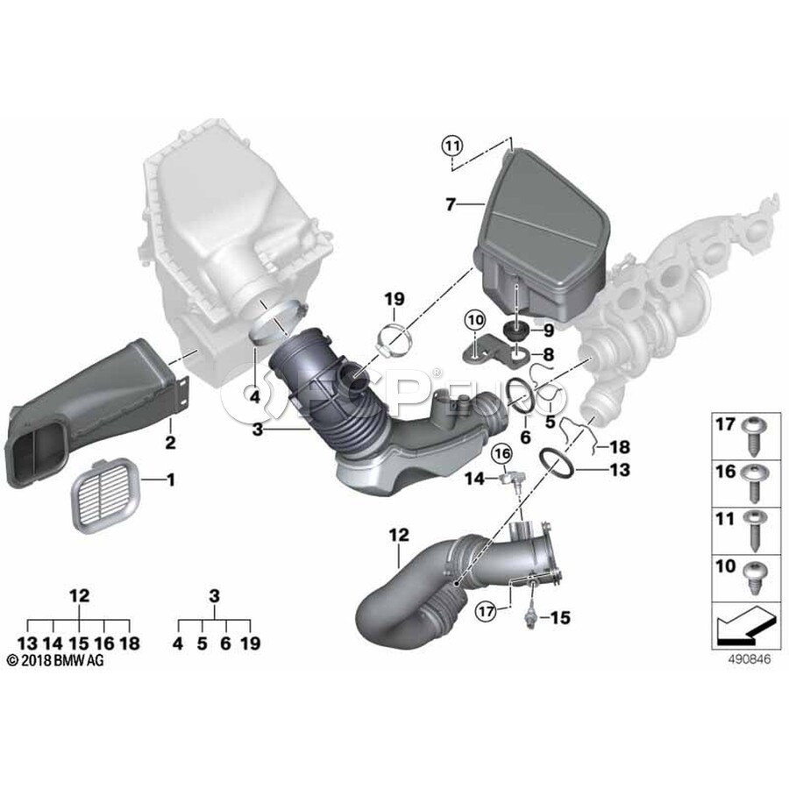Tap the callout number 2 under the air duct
(x=171, y=443)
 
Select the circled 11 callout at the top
(x=451, y=146)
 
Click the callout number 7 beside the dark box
(x=451, y=204)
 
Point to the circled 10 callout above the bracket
(x=475, y=319)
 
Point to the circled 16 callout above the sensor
(x=502, y=454)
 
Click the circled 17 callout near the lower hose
(x=486, y=611)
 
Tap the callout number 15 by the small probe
(x=560, y=617)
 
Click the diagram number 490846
(x=750, y=659)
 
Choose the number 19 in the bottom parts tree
(x=251, y=643)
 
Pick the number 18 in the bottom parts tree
(x=130, y=643)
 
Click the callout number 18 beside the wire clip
(x=620, y=446)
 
